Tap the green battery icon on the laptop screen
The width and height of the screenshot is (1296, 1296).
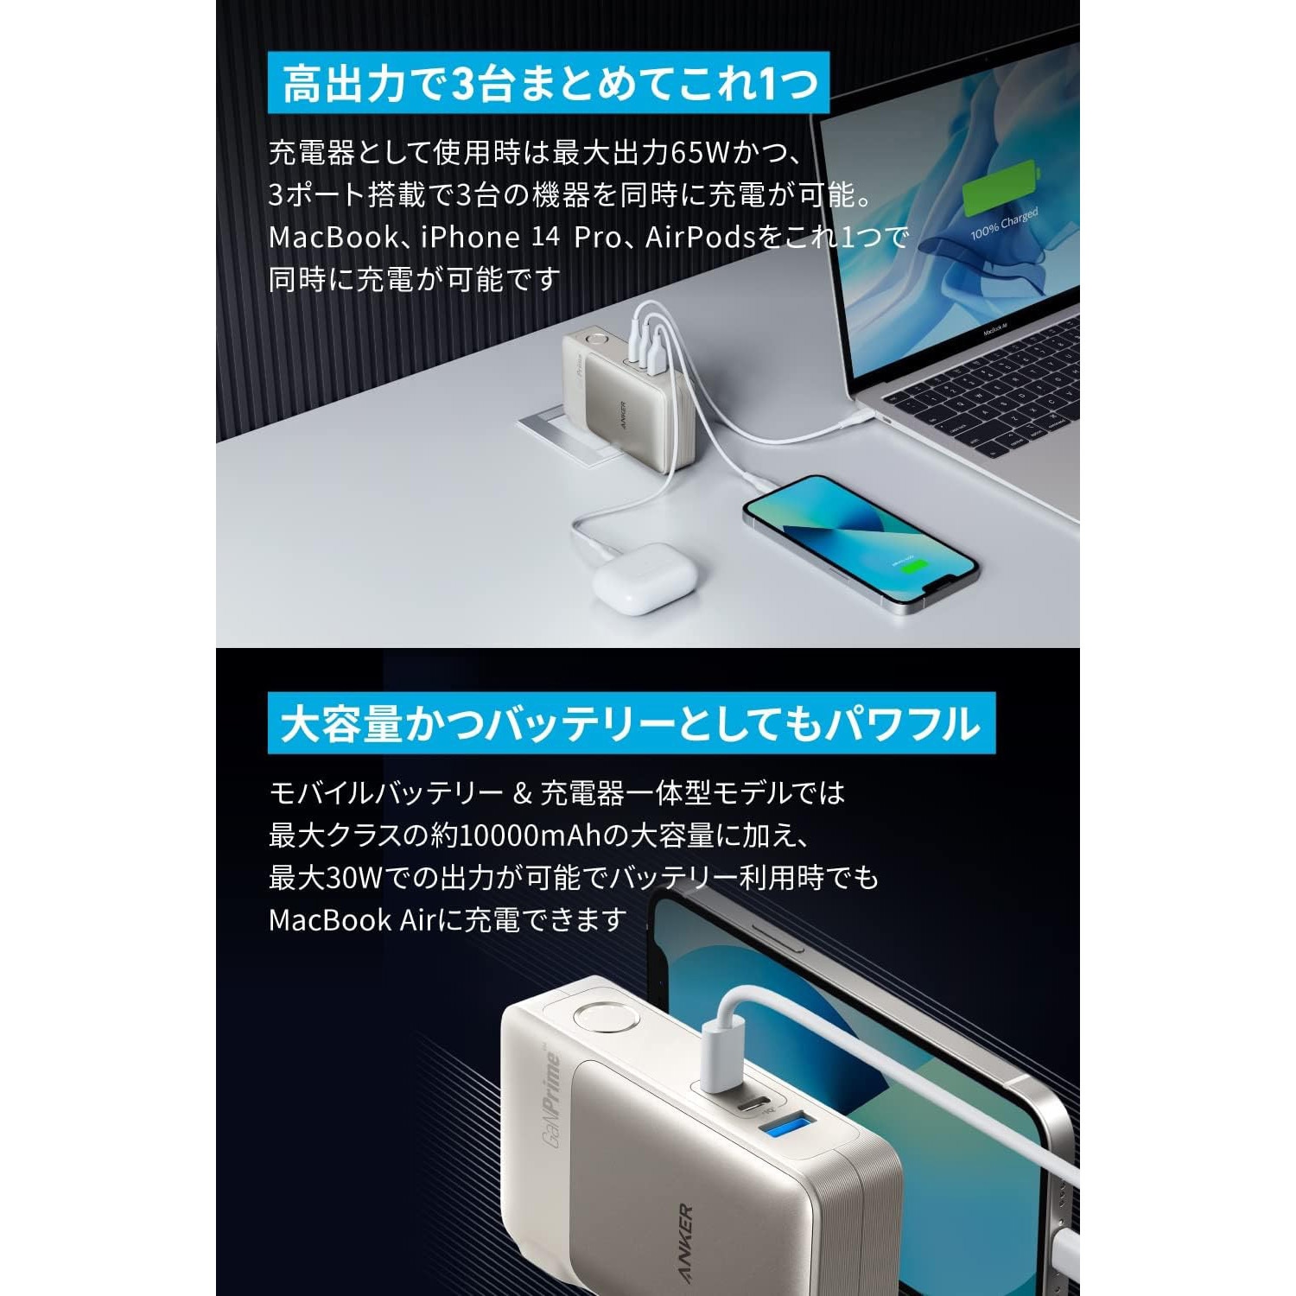(1000, 187)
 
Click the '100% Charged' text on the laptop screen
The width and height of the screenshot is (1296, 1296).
(1004, 223)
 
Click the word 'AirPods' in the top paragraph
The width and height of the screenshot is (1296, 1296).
(701, 237)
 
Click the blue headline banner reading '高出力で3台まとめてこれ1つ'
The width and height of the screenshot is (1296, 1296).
(550, 84)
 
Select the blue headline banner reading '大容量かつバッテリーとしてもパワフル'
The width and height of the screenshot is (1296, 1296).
(631, 723)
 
